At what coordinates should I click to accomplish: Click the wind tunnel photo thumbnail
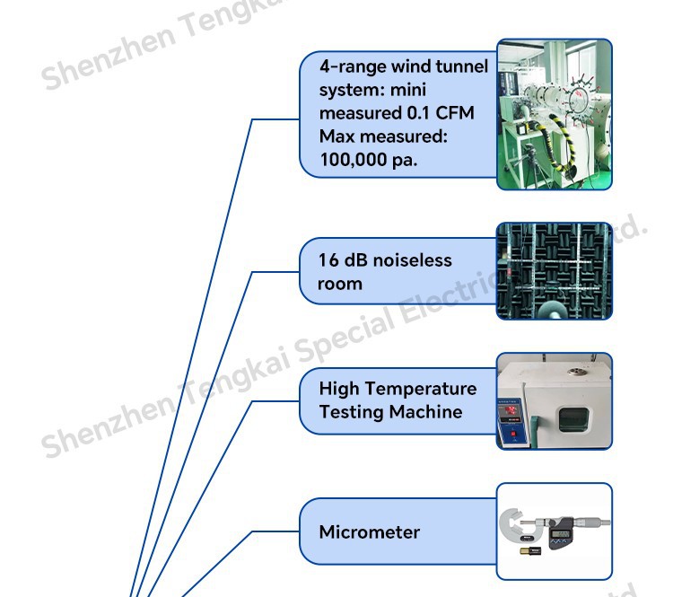[555, 113]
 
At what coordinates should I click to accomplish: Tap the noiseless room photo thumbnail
[555, 271]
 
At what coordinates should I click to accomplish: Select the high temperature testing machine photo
[555, 400]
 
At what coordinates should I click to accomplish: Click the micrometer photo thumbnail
[555, 531]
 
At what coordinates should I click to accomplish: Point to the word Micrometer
[369, 532]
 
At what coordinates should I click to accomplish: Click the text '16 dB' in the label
[340, 260]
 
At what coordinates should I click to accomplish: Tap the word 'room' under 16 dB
[340, 284]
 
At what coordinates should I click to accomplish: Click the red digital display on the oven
[516, 417]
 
